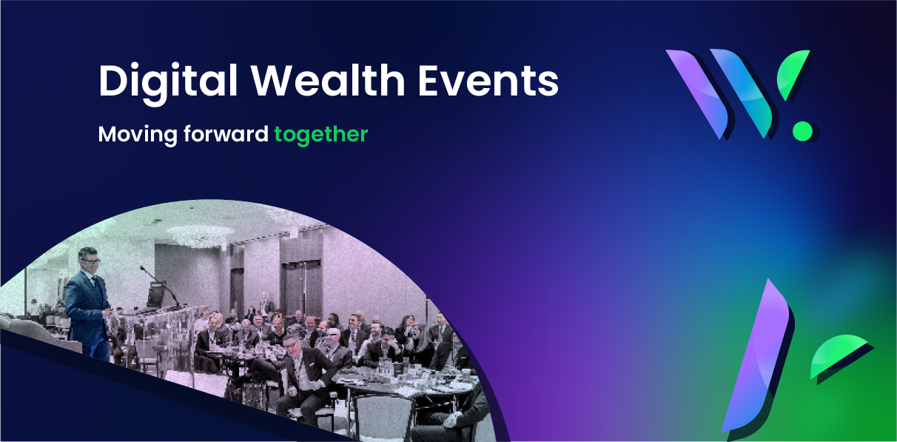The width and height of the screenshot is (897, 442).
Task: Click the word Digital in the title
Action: pos(168,82)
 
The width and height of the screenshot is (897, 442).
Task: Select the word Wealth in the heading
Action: pos(328,80)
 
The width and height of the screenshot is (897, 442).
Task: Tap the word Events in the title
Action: pos(488,81)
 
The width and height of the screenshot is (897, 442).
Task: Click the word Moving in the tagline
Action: pos(138,135)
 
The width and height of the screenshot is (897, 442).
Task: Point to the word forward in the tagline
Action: pos(226,133)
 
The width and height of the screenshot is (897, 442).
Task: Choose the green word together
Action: pos(321,135)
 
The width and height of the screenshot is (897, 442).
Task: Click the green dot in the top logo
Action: pos(803,131)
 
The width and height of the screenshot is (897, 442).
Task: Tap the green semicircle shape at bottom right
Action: pos(837,352)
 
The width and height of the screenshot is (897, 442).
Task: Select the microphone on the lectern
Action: pos(159,284)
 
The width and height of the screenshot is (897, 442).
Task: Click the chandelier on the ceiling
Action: pos(199,235)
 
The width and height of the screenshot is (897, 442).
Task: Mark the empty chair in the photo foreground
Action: pos(380,417)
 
